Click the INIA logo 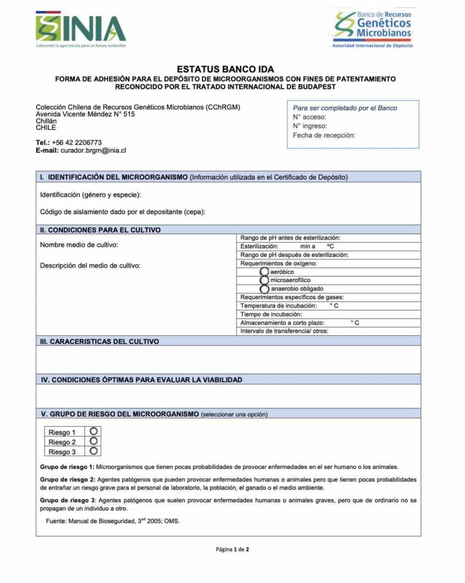(x=81, y=28)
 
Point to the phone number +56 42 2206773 (x=77, y=143)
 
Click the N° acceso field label (x=309, y=117)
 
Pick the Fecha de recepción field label (x=324, y=136)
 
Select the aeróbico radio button (x=264, y=272)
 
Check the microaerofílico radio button (x=264, y=281)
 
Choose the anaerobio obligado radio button (x=264, y=289)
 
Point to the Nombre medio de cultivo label (x=79, y=245)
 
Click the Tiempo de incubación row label (x=271, y=315)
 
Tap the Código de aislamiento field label (x=123, y=212)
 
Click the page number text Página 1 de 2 (x=232, y=550)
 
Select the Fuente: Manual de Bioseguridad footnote (x=113, y=521)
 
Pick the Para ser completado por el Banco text (x=345, y=108)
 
